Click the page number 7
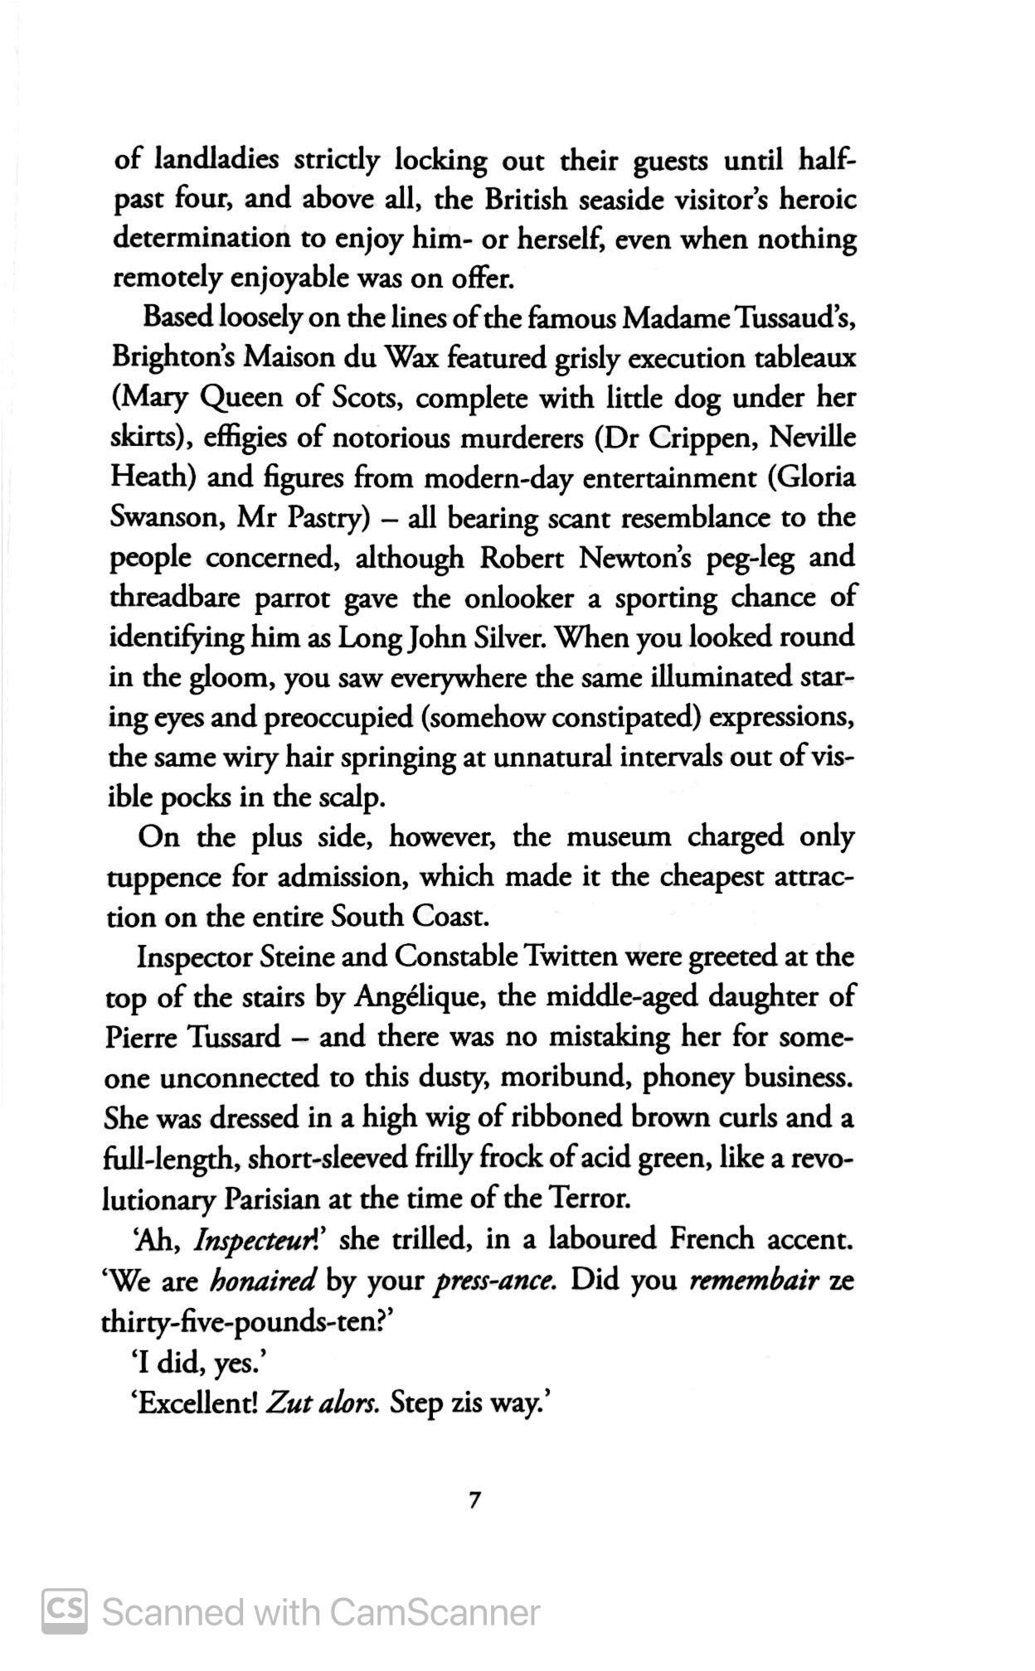[474, 1499]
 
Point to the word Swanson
[164, 518]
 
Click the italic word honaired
[263, 1281]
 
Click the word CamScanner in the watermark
[435, 1612]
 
